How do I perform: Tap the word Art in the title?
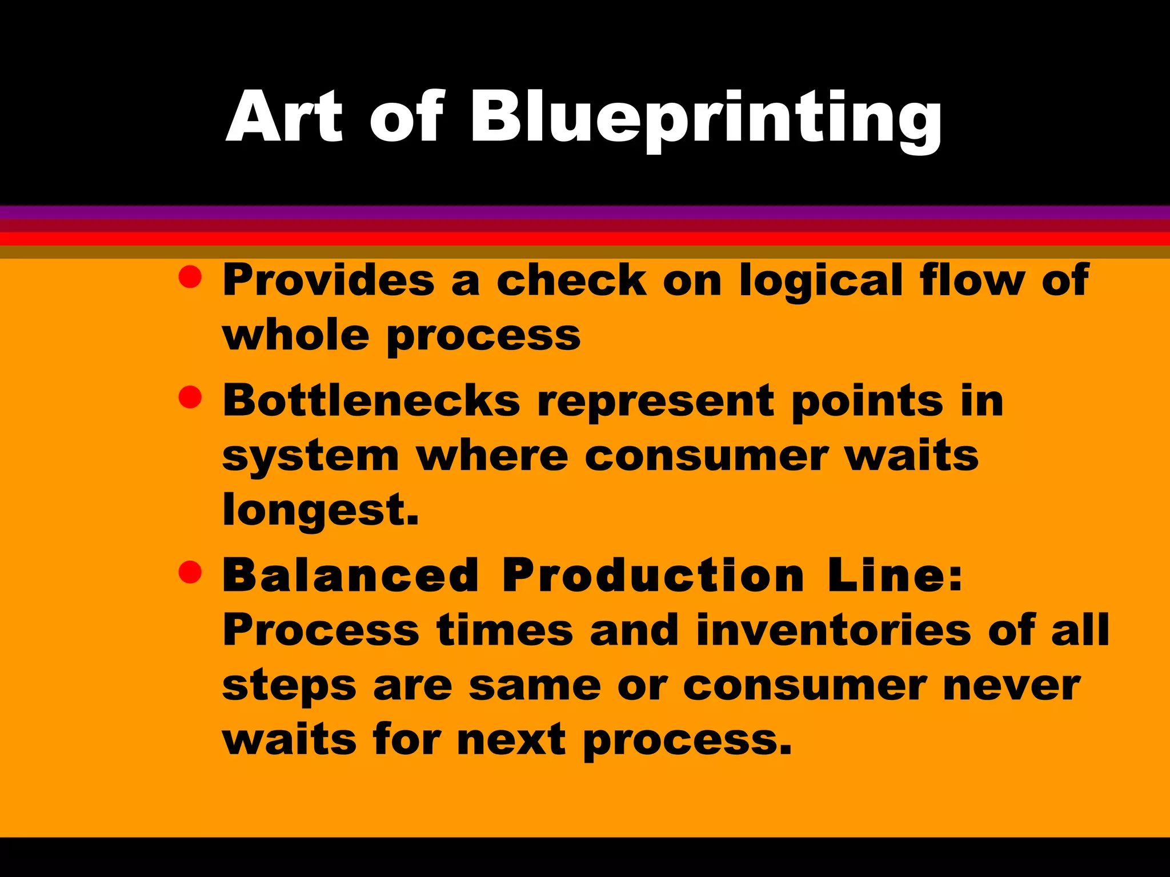(284, 117)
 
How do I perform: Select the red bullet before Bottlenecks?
(190, 397)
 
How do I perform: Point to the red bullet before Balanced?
(190, 572)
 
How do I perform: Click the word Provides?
(328, 280)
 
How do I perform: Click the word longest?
(320, 510)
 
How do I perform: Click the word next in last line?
(511, 740)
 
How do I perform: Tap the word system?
(310, 457)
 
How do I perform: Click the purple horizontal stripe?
(585, 212)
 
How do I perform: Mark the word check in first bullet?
(571, 280)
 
